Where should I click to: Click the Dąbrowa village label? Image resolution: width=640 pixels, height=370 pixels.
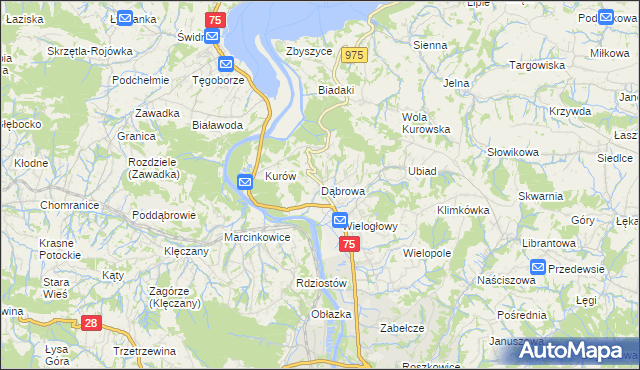coord(342,190)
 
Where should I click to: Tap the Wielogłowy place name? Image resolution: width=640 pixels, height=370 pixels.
coord(371,226)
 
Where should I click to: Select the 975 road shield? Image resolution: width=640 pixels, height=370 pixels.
coord(351,56)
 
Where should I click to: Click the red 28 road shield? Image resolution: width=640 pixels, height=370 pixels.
coord(91,322)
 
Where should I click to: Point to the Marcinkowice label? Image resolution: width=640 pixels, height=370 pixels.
coord(257,238)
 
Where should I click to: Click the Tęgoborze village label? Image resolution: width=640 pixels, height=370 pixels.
coord(218,80)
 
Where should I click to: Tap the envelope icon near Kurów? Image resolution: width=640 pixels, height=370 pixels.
coord(245,181)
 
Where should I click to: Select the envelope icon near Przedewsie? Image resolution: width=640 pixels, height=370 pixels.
coord(538,267)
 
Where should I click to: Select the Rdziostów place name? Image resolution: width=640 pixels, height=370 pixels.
coord(321,283)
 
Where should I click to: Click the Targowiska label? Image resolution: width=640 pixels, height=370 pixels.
coord(539,65)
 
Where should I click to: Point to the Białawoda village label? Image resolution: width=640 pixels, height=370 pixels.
coord(218,125)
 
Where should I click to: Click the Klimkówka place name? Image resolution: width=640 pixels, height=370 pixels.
coord(463,210)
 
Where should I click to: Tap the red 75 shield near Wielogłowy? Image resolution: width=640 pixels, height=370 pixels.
coord(348,244)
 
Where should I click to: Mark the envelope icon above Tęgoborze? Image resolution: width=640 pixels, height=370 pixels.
coord(226,63)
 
